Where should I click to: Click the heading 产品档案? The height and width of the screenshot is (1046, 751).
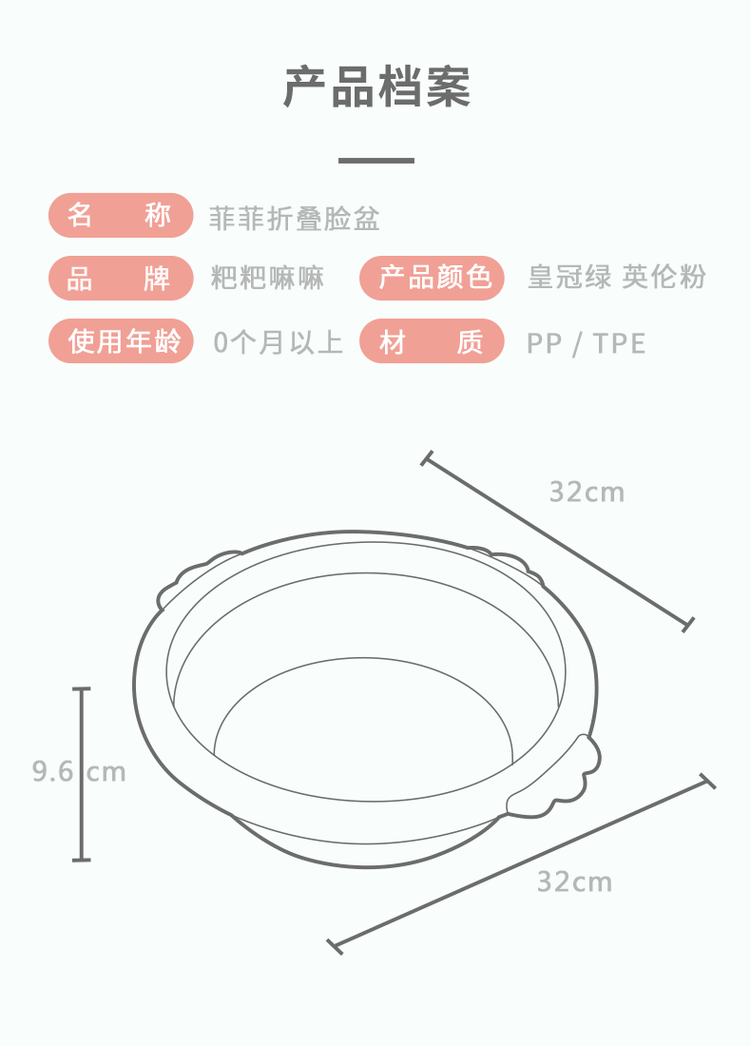[x=376, y=87]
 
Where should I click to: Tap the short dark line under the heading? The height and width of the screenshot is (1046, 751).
[x=376, y=161]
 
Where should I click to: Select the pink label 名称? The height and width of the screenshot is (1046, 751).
[x=120, y=216]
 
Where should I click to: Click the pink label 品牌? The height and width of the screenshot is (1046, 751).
[x=120, y=279]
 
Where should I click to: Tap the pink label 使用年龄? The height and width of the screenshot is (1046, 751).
[x=121, y=340]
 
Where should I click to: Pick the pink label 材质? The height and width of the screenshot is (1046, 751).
[x=432, y=340]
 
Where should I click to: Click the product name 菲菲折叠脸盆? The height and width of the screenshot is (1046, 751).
[x=295, y=219]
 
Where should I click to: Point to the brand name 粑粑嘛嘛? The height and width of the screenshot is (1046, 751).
[x=267, y=279]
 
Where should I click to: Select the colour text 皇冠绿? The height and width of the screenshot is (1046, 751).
[x=569, y=278]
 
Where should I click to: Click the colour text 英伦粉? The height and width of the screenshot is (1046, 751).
[x=664, y=278]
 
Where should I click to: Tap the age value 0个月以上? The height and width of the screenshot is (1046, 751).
[x=278, y=341]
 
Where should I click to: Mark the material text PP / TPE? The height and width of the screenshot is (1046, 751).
[x=586, y=342]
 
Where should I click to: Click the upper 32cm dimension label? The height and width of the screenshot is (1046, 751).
[x=587, y=492]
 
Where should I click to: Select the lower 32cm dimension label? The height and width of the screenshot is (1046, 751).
[x=574, y=881]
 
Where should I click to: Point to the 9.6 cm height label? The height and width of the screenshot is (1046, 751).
[x=79, y=770]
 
